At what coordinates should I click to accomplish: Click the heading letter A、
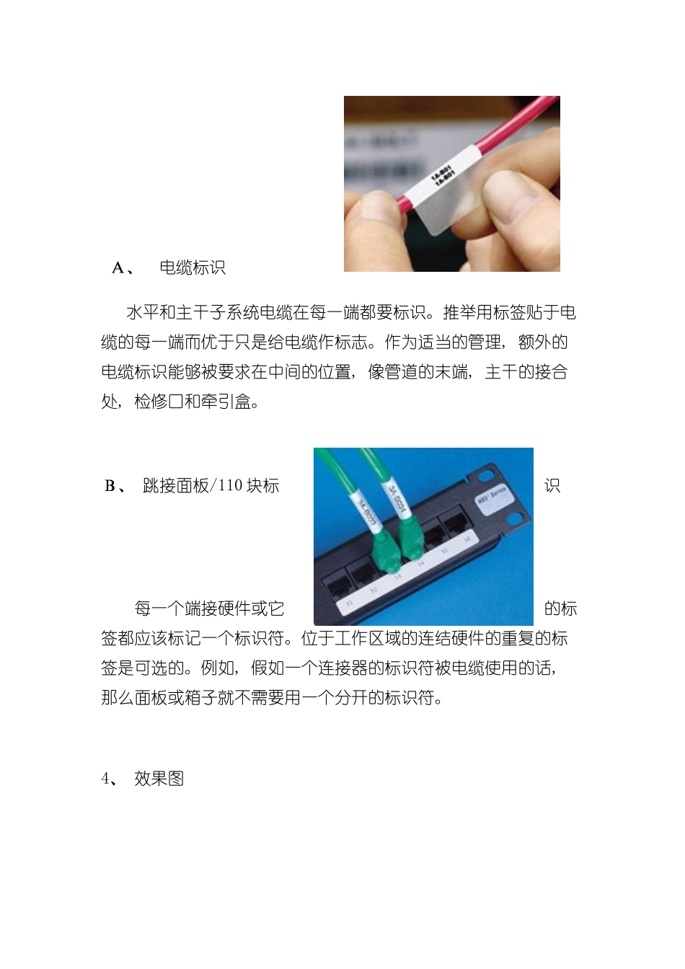pos(123,268)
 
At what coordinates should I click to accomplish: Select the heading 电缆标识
pos(193,268)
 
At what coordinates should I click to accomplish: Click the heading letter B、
pos(115,486)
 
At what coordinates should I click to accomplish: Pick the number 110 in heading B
pos(230,486)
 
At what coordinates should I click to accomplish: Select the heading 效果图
pos(159,779)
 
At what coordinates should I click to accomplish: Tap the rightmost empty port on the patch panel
pos(458,522)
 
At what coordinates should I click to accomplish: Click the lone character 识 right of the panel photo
pos(552,486)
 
